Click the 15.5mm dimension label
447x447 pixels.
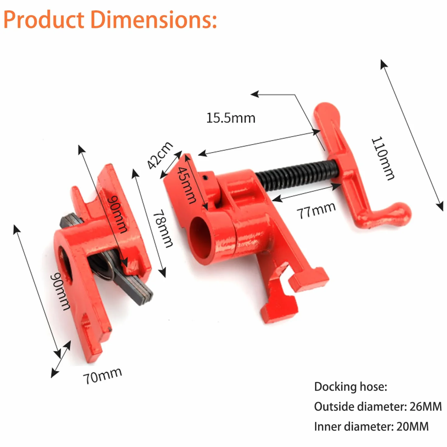[230, 118]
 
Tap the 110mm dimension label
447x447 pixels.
[383, 158]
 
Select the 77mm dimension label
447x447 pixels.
[316, 210]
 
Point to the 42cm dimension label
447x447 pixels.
[160, 155]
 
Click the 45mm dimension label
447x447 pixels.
[186, 185]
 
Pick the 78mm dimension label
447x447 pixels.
[164, 228]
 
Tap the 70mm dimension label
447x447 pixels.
[102, 375]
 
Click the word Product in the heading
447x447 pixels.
[44, 20]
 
